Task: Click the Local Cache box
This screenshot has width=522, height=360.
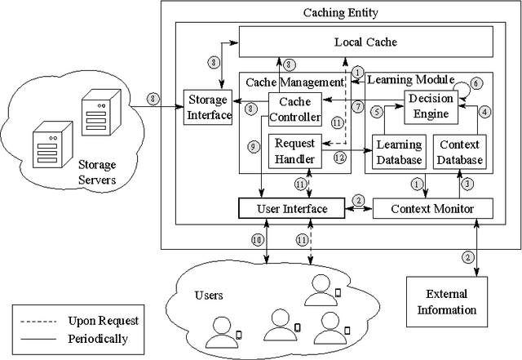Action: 365,41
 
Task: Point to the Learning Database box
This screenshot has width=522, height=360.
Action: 399,152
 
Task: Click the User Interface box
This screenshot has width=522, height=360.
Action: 293,210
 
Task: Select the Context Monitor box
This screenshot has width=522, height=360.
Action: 433,210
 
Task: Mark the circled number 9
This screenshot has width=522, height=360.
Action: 253,147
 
